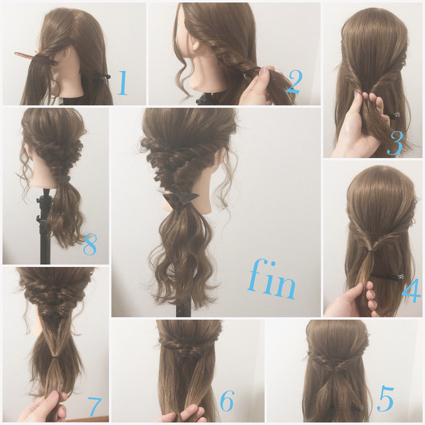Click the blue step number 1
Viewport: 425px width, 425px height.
coord(122,83)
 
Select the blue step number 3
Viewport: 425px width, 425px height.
coord(395,143)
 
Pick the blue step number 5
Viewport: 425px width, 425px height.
coord(386,398)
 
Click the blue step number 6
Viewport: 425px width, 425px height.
coord(226,401)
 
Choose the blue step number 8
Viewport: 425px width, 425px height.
coord(90,245)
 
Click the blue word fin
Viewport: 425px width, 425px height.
coord(271,280)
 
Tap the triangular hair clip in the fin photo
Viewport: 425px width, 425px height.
coord(180,199)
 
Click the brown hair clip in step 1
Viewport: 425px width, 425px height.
coord(35,59)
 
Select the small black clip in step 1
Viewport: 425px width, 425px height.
coord(102,76)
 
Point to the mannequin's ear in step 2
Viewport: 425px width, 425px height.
coord(197,45)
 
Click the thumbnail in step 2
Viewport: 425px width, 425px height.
coord(264,71)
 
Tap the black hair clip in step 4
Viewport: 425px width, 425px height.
coord(386,277)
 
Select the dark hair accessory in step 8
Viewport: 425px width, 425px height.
coord(64,180)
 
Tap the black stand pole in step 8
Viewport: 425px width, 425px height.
coord(45,228)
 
